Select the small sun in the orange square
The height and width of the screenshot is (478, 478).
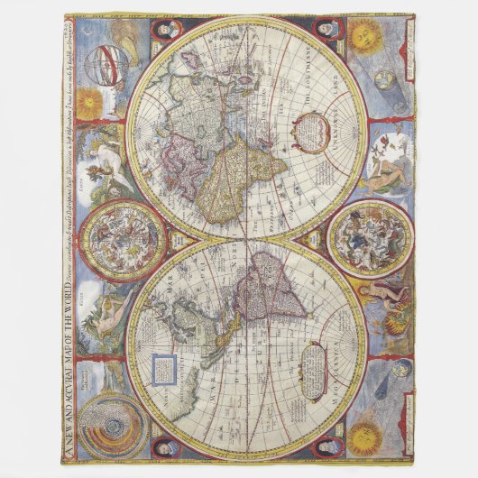[x=89, y=102]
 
